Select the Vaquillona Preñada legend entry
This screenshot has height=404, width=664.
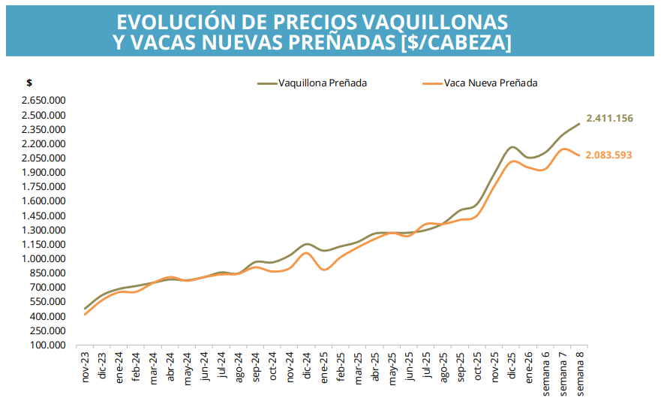coord(322,83)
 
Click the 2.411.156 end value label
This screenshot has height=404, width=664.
coord(610,119)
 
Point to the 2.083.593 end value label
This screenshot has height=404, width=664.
coord(608,155)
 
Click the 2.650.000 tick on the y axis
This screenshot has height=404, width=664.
coord(45,101)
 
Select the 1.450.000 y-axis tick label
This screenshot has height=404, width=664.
coord(45,216)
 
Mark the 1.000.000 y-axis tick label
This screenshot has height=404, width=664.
coord(45,259)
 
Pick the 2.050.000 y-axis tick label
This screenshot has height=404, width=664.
coord(45,158)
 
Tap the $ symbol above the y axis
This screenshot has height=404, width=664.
coord(29,83)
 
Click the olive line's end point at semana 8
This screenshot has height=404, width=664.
coord(579,124)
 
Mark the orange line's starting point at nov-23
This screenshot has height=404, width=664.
coord(85,315)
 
